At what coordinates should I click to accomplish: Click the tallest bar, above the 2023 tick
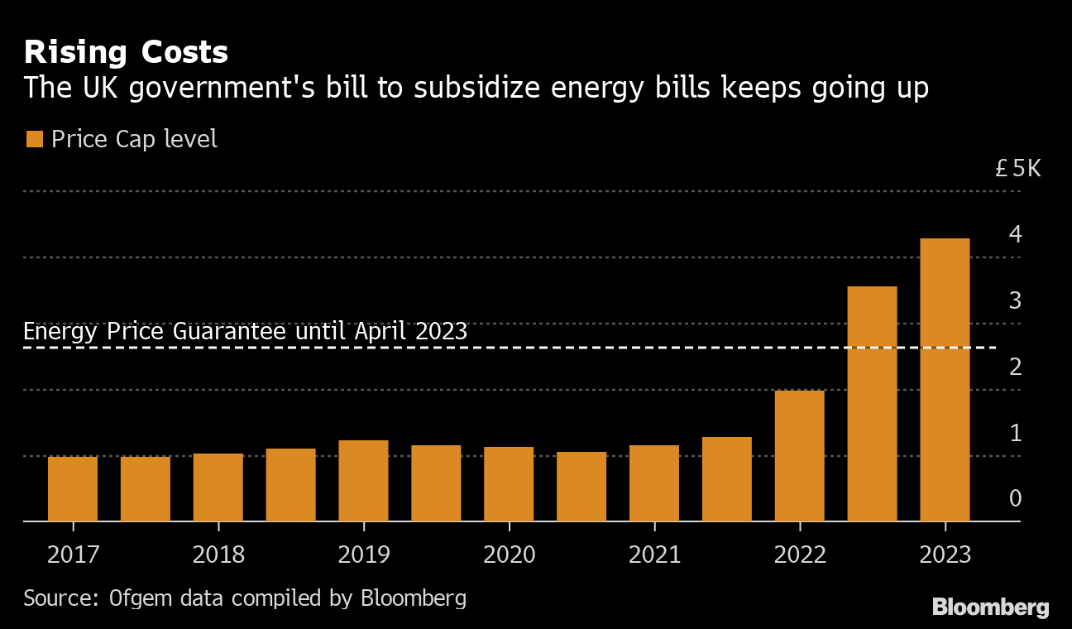[945, 380]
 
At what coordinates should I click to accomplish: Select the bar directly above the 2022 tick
[800, 456]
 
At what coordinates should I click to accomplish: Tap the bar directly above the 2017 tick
[73, 489]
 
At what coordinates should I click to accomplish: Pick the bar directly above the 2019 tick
[363, 481]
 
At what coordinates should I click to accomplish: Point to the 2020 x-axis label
[509, 555]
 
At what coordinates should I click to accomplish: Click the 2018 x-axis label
[218, 555]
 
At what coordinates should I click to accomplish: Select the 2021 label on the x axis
[654, 555]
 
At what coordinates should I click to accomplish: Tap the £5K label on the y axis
[1017, 170]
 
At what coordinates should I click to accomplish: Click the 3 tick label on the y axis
[1015, 300]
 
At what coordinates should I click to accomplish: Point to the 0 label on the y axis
[1015, 499]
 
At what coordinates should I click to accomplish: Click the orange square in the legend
[34, 139]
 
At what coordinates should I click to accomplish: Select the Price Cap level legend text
[134, 139]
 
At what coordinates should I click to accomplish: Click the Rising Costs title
[126, 53]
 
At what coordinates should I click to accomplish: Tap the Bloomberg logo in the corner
[990, 607]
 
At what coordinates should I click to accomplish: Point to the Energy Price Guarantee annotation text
[245, 332]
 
